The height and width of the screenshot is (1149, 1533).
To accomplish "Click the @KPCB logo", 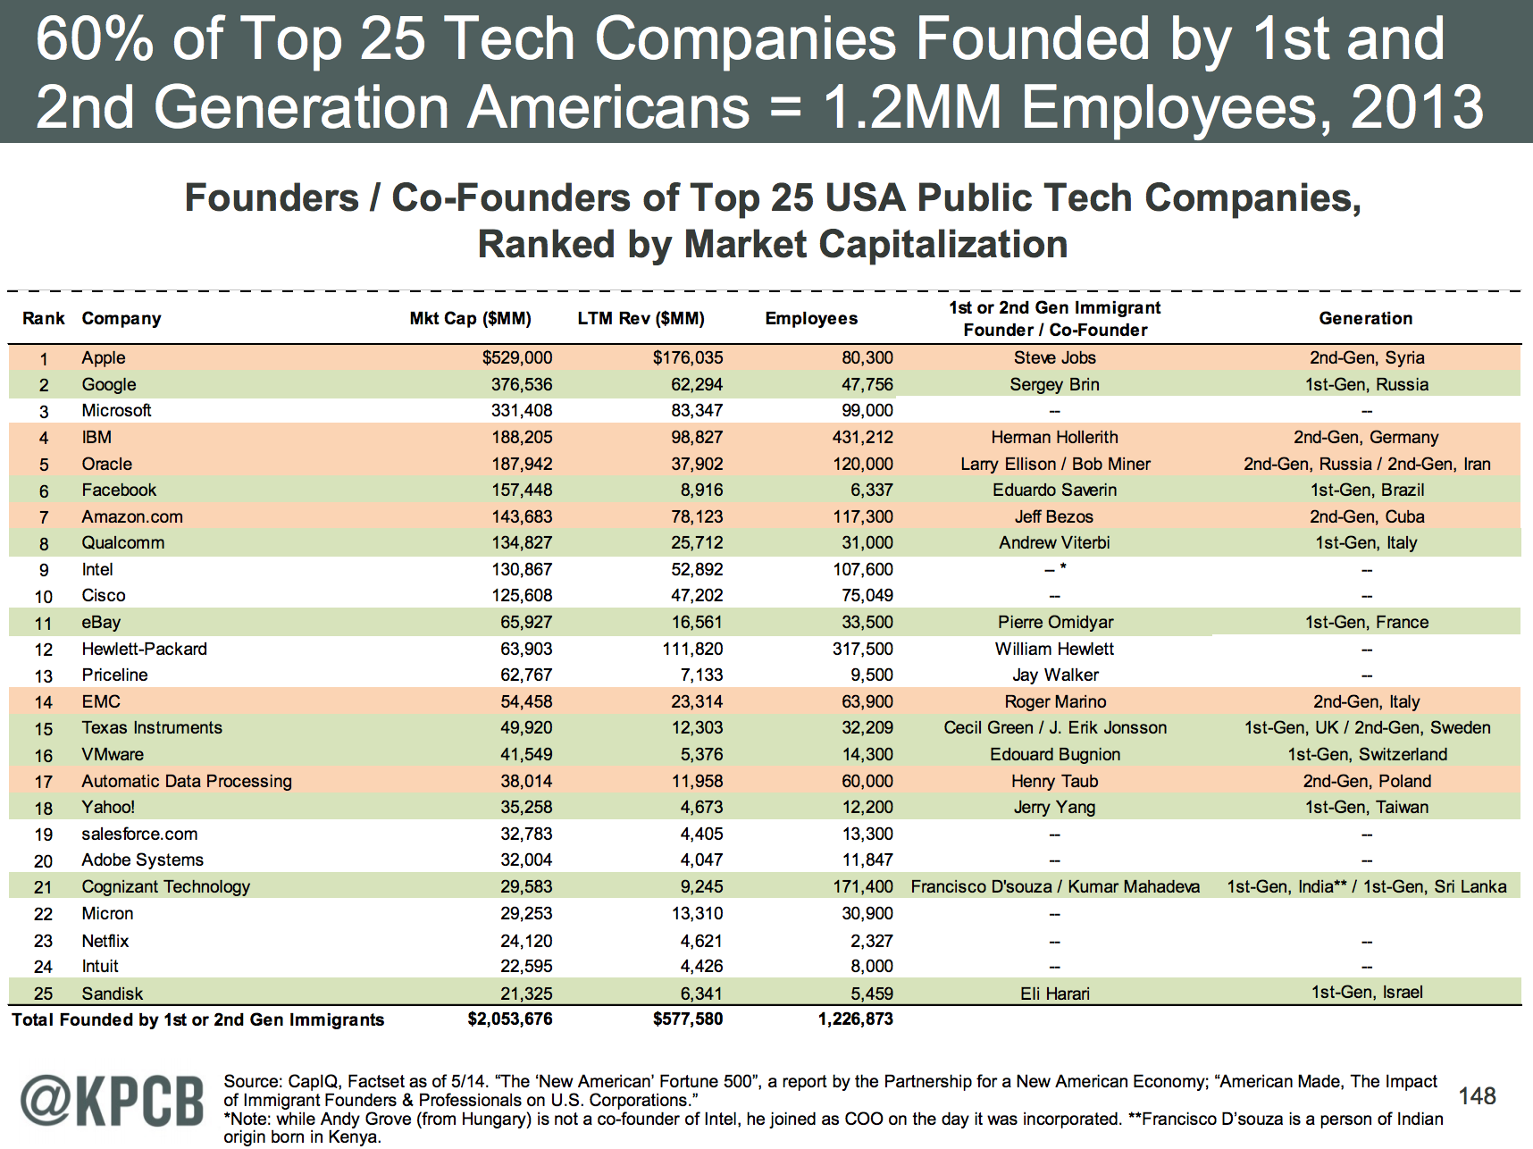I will [x=113, y=1101].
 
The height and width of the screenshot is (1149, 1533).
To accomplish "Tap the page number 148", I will [x=1477, y=1096].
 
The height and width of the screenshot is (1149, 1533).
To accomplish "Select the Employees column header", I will [x=811, y=319].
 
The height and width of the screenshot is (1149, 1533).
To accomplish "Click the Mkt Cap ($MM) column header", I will [x=470, y=319].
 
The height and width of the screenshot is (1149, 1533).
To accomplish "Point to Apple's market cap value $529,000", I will [x=516, y=358].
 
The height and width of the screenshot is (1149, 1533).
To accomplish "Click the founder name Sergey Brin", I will [x=1054, y=385].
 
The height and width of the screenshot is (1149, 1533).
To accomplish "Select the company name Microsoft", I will [x=116, y=411].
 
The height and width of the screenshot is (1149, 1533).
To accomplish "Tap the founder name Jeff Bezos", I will [x=1053, y=517].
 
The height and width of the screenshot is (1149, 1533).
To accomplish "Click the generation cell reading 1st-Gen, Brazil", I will [x=1367, y=491].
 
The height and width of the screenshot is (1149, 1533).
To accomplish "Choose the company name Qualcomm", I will [x=122, y=543].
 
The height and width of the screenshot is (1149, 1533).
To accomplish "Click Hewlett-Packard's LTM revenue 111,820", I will [x=692, y=650].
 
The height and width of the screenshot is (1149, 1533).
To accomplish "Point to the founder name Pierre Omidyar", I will [x=1055, y=623].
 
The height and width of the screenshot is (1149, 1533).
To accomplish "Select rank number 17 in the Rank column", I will [x=44, y=783].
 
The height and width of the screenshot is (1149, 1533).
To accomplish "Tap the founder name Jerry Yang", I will [x=1054, y=808].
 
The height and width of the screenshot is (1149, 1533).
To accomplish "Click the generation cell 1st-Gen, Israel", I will [x=1367, y=993].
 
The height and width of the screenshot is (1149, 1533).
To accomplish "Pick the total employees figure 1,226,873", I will [x=855, y=1019].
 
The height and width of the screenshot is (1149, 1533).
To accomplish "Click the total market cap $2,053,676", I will [x=510, y=1019].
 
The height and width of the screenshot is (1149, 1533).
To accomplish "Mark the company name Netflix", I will [x=105, y=942].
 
